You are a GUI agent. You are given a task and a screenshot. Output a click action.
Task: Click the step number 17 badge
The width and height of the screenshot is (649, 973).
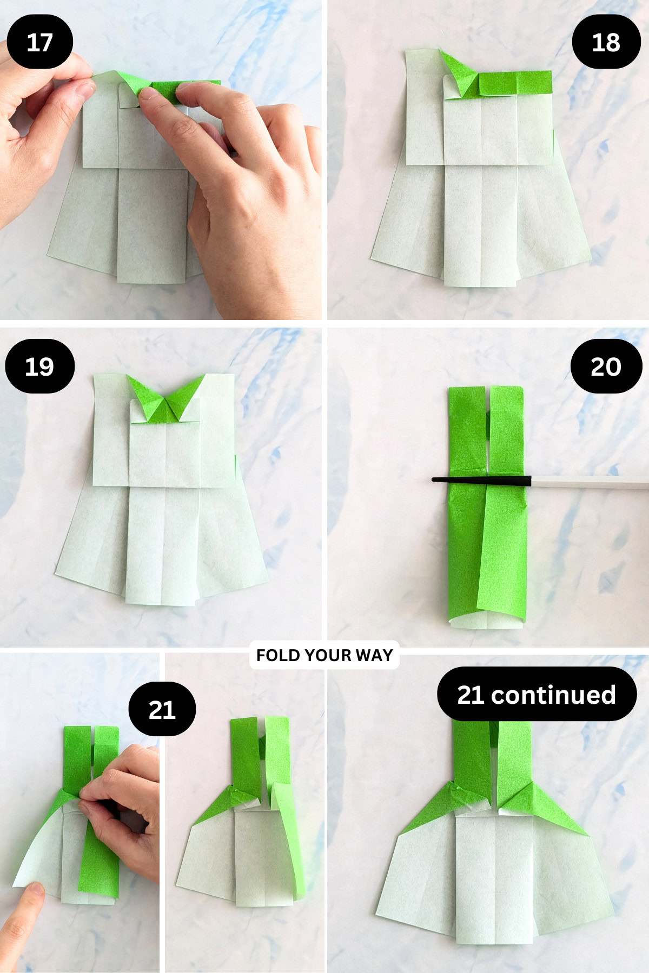[x=39, y=42]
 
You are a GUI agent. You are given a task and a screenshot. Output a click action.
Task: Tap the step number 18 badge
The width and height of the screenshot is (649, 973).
[x=606, y=42]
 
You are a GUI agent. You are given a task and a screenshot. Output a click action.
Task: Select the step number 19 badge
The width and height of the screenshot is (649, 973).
[x=39, y=366]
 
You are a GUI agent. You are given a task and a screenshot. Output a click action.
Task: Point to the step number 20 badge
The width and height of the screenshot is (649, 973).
[x=606, y=366]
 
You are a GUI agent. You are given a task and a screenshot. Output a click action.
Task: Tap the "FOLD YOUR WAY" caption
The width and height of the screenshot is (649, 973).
[x=324, y=655]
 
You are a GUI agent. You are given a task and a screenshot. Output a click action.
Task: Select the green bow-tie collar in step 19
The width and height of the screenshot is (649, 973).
[x=166, y=398]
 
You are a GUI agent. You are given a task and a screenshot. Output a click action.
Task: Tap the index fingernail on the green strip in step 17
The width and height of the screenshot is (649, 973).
[x=147, y=95]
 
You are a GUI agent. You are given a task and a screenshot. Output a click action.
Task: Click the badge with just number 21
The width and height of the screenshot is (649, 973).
[x=162, y=709]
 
